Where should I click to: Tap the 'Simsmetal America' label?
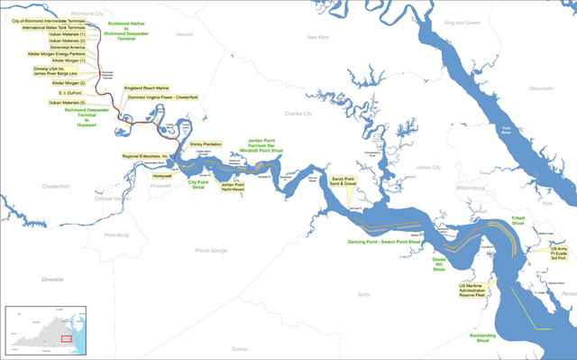tap(67, 48)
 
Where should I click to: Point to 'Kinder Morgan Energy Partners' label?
tap(60, 54)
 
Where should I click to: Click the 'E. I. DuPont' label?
tap(70, 93)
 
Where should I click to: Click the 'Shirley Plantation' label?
tap(206, 143)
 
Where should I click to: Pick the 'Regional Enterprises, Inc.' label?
tap(146, 156)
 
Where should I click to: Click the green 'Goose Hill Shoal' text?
tap(438, 263)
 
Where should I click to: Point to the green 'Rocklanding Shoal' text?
tap(481, 338)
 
